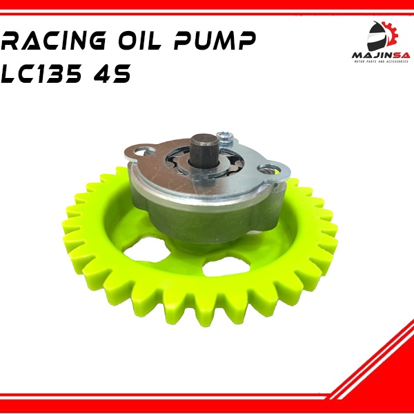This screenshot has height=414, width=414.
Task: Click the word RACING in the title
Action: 56,43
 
